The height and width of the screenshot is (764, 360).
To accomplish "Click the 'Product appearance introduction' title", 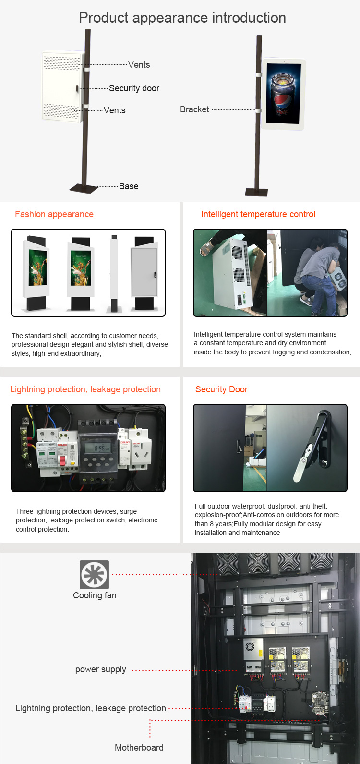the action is coord(182,18).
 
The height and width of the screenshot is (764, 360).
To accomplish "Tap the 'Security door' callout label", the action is coord(134,88).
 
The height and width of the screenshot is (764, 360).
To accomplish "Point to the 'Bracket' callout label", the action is coord(194,109).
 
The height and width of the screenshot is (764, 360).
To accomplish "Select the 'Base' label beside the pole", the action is coord(129,186).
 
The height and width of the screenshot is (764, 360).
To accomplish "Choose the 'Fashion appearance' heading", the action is coord(54,214).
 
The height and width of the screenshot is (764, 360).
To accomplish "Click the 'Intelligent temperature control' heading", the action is coord(258,214).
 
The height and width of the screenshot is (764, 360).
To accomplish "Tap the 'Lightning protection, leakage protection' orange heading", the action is coord(85,389).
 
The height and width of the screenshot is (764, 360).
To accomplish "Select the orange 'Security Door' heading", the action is coord(222,389).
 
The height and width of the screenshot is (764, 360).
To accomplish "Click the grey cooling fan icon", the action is coord(95,575).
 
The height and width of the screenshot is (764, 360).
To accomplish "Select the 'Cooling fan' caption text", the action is coord(95,595).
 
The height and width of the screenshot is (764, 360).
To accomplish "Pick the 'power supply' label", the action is coord(101,669).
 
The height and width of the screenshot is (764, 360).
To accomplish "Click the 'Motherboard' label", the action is coord(139,748).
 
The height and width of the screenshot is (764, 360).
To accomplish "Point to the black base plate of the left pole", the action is coord(84,188).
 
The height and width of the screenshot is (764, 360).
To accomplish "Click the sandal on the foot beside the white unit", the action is coord(206,247).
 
